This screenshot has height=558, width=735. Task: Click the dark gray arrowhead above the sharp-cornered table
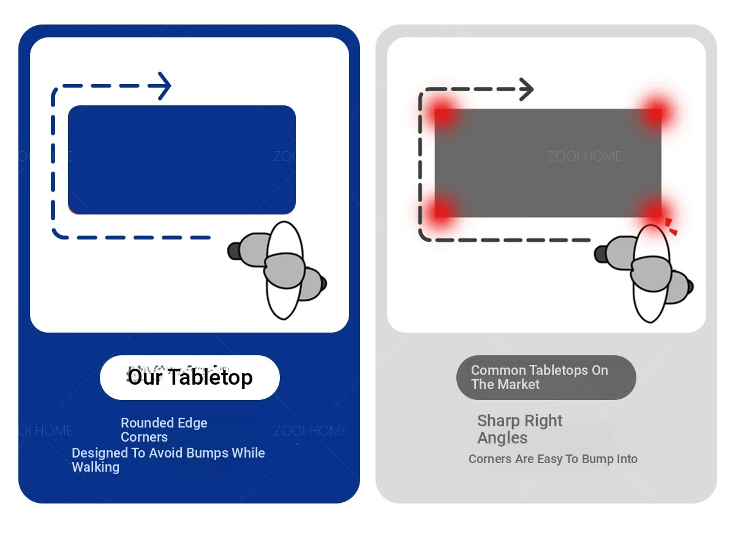tap(526, 89)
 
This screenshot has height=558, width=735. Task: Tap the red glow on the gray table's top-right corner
tap(655, 112)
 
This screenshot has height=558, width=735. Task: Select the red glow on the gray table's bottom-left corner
tap(442, 210)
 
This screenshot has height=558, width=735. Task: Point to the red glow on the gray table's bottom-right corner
tap(655, 211)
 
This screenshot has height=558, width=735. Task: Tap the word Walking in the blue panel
tap(96, 467)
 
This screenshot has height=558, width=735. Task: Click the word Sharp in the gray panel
tap(498, 421)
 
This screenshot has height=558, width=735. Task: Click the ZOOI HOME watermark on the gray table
tap(584, 156)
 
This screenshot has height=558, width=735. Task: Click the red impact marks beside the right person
tap(670, 227)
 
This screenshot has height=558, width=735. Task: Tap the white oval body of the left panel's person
tap(285, 271)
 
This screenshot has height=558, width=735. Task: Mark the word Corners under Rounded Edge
tap(144, 437)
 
